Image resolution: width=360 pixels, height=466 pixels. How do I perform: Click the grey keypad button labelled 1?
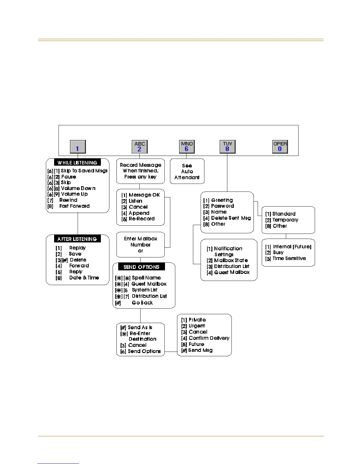pyautogui.click(x=78, y=147)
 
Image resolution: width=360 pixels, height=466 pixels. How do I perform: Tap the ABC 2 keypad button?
pyautogui.click(x=139, y=147)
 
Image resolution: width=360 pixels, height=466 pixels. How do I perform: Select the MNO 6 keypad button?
pyautogui.click(x=187, y=147)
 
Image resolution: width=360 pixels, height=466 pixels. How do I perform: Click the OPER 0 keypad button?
pyautogui.click(x=280, y=147)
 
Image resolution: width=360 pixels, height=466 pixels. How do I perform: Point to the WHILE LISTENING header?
pyautogui.click(x=77, y=163)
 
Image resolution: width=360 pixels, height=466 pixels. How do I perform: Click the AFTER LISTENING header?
pyautogui.click(x=77, y=239)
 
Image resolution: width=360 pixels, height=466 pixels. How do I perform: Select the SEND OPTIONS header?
pyautogui.click(x=141, y=267)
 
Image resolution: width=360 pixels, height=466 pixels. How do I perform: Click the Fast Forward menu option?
pyautogui.click(x=74, y=206)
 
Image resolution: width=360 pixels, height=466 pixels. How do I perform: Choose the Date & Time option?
pyautogui.click(x=84, y=277)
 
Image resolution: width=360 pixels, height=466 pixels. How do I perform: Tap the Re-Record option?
pyautogui.click(x=141, y=219)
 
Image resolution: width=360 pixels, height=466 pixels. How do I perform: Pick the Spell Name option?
pyautogui.click(x=146, y=277)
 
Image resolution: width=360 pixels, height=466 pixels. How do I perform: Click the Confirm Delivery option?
pyautogui.click(x=209, y=338)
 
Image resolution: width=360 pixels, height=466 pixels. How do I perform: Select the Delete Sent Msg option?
pyautogui.click(x=231, y=218)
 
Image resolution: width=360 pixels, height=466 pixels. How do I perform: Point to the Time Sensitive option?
pyautogui.click(x=289, y=258)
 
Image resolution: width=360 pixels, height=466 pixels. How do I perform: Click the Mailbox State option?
pyautogui.click(x=231, y=260)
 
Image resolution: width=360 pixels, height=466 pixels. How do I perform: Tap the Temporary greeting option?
pyautogui.click(x=285, y=220)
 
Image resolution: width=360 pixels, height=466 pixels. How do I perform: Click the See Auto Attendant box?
pyautogui.click(x=187, y=171)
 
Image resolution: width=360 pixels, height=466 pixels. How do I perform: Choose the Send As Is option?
pyautogui.click(x=140, y=327)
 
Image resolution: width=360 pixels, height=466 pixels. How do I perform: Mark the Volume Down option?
pyautogui.click(x=78, y=188)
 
